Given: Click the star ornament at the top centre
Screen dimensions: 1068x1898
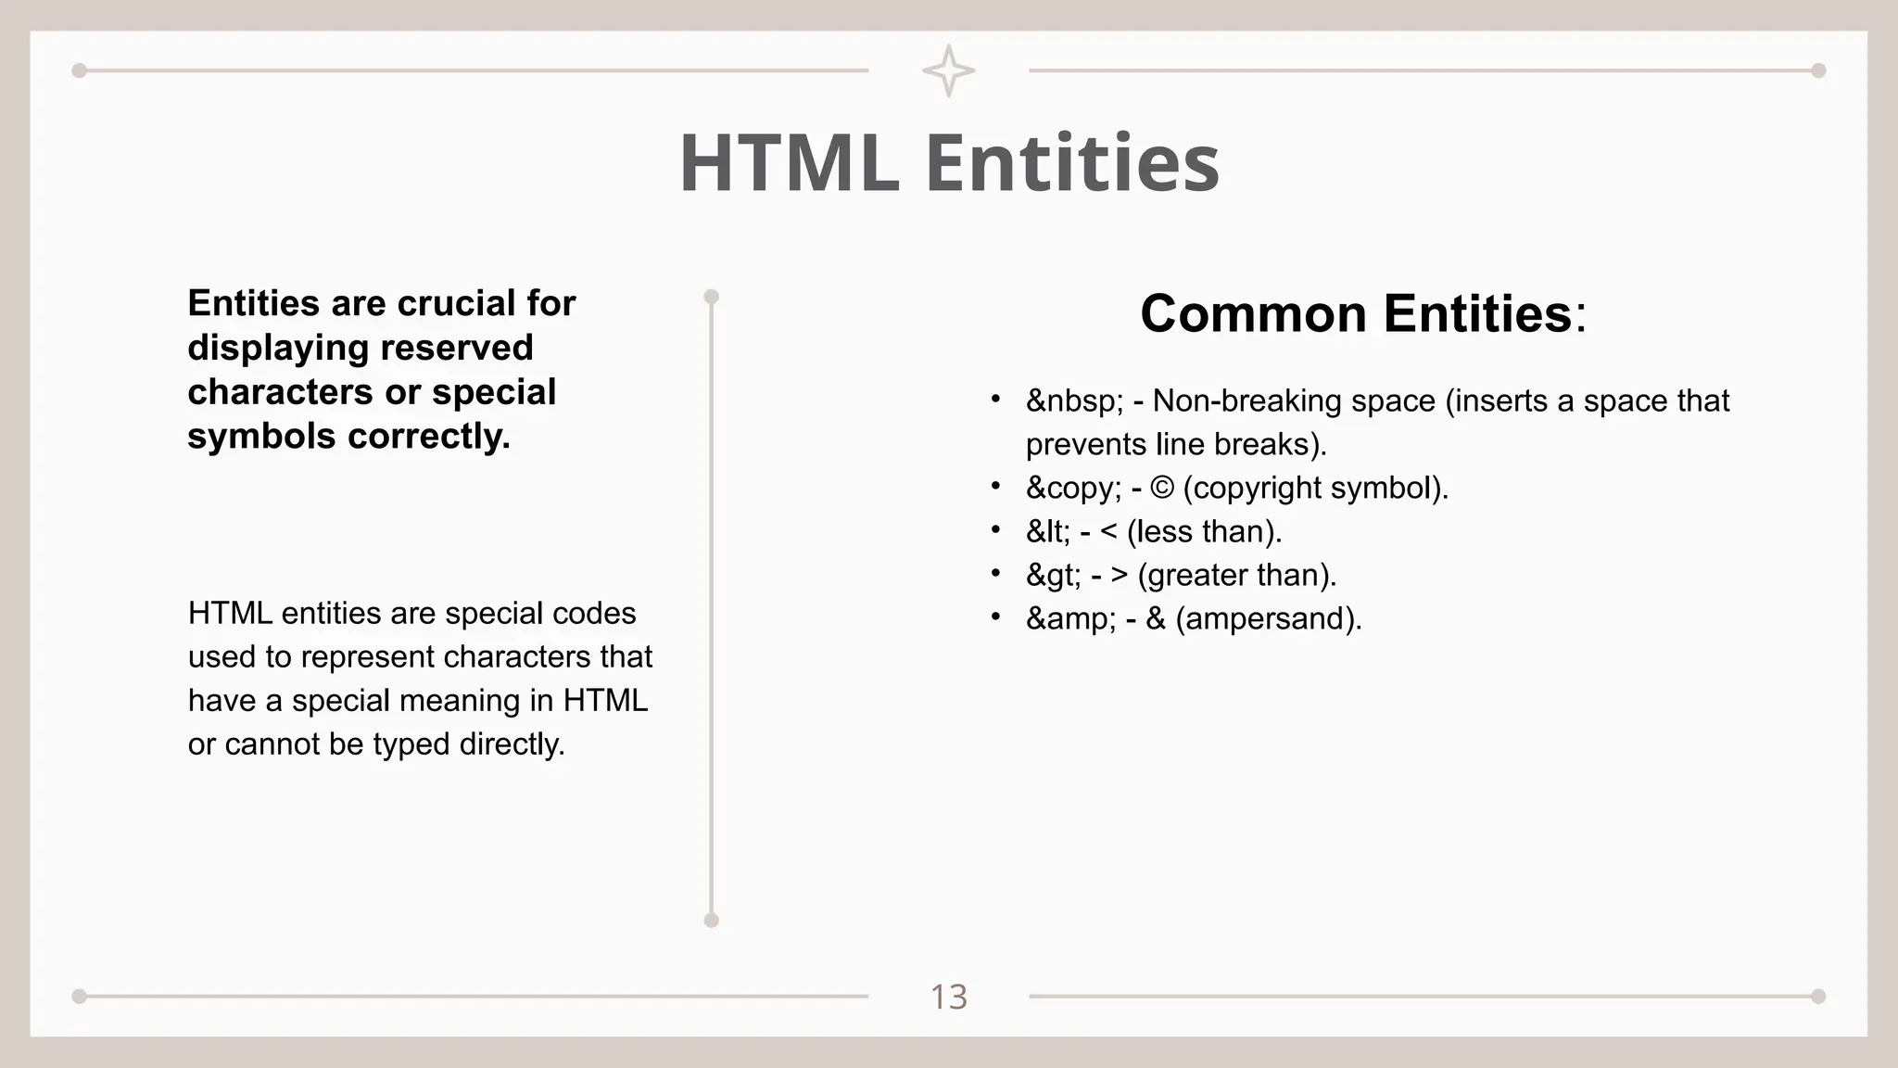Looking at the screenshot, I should pyautogui.click(x=948, y=70).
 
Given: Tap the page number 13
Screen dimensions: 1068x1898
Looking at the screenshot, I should pyautogui.click(x=948, y=998).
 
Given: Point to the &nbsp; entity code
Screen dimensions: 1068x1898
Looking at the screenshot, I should pyautogui.click(x=1074, y=401).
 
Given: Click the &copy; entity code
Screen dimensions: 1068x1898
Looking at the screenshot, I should pyautogui.click(x=1074, y=488).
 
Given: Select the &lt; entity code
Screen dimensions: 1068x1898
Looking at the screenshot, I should pyautogui.click(x=1048, y=531).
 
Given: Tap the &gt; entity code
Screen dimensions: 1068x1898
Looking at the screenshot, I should pyautogui.click(x=1053, y=576).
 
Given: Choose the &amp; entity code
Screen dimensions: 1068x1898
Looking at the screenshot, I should pyautogui.click(x=1071, y=618).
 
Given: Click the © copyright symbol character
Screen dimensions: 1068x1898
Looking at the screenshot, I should pyautogui.click(x=1161, y=488).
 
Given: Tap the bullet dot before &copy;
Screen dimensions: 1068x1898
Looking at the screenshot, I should pyautogui.click(x=995, y=486).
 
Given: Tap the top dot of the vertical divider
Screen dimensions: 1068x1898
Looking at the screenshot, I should pyautogui.click(x=711, y=297).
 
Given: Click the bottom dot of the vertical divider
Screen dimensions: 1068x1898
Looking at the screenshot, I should pyautogui.click(x=711, y=920).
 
